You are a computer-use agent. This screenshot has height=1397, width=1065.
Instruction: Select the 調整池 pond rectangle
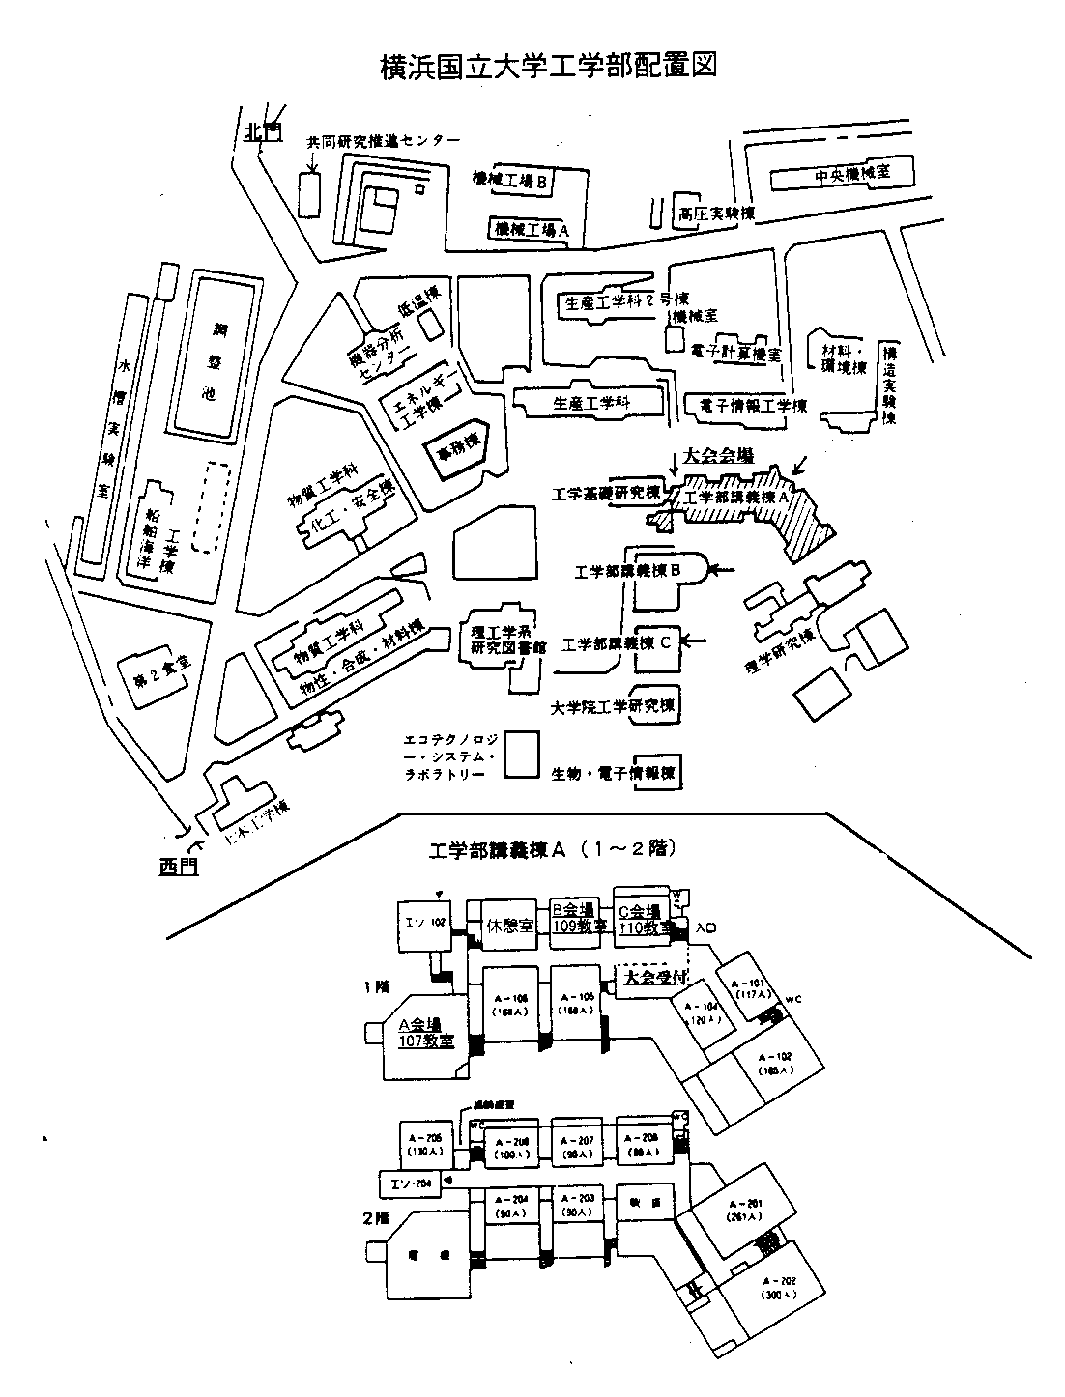(212, 357)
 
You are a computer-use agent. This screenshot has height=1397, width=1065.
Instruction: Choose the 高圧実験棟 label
(715, 214)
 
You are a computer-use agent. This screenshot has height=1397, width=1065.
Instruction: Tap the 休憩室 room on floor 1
(510, 925)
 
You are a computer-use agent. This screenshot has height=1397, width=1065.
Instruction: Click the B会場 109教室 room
(578, 918)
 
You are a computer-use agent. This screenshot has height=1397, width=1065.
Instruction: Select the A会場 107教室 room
(426, 1034)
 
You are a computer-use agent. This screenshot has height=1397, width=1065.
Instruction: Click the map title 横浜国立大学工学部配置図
(548, 67)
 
